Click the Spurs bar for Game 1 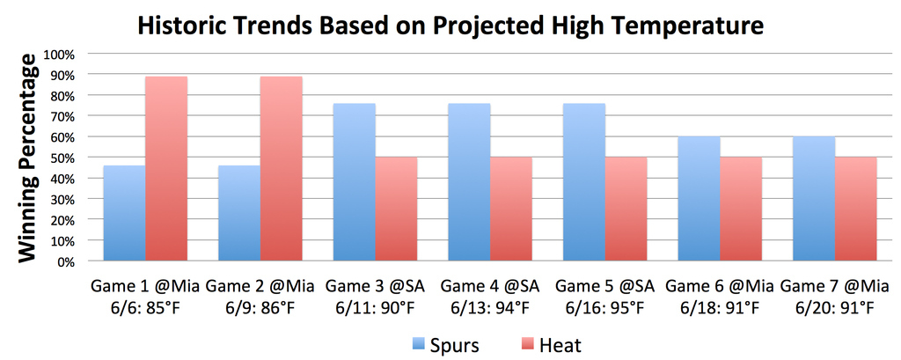(125, 213)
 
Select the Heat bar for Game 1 (166, 168)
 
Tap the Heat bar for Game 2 (282, 168)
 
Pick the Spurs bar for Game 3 (355, 182)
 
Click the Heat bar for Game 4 (511, 209)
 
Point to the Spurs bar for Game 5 (584, 182)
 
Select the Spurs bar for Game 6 (700, 199)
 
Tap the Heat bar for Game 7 (856, 209)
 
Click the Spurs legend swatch (418, 345)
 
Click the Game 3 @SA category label (375, 286)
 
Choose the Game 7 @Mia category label (834, 286)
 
